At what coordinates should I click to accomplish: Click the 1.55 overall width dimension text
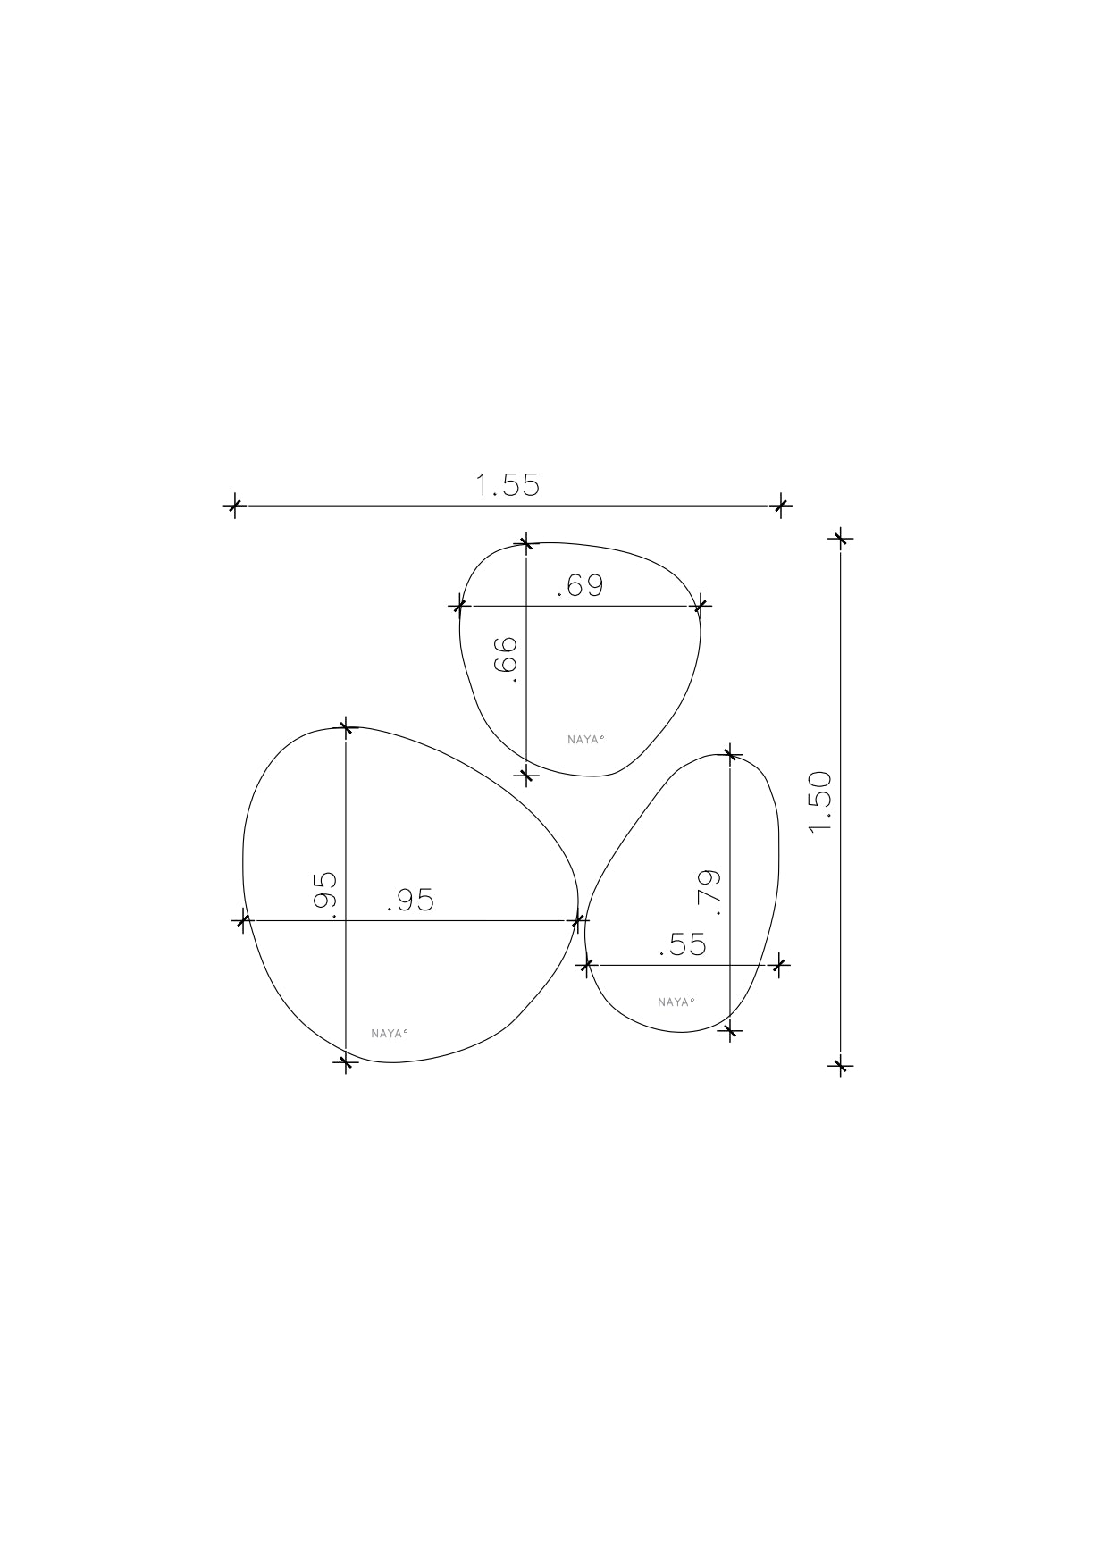point(508,485)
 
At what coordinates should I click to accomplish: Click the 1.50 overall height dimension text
point(819,801)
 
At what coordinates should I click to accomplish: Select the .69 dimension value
point(581,586)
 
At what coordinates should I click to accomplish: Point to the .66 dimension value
point(506,660)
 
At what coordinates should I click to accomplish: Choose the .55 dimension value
point(683,944)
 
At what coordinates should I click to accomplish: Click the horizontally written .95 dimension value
point(411,901)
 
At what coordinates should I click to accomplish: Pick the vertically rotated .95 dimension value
point(324,894)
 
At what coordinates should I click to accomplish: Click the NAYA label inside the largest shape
point(389,1034)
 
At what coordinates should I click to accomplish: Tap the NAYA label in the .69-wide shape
point(586,739)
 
